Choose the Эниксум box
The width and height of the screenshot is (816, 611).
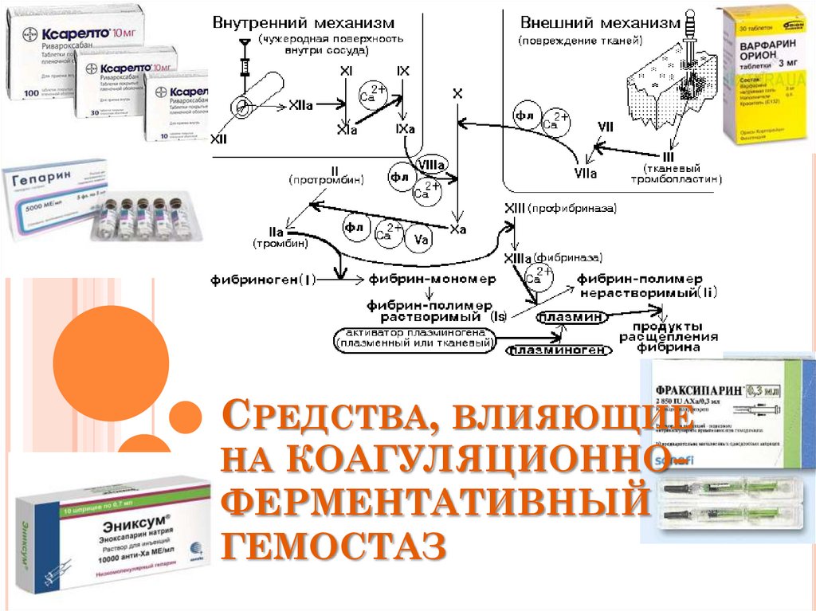click(112, 530)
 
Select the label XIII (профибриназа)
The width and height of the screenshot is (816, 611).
click(560, 208)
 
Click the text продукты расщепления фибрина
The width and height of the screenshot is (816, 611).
click(668, 338)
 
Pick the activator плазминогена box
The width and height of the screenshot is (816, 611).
click(414, 337)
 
